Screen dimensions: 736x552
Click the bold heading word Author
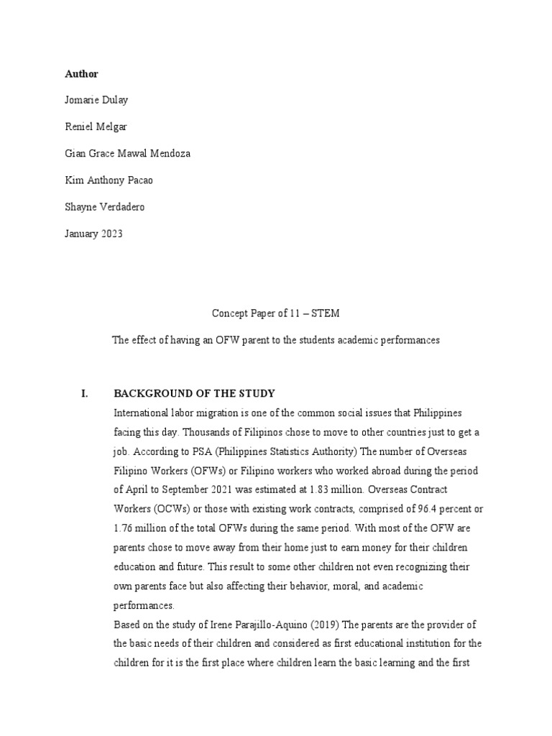[81, 74]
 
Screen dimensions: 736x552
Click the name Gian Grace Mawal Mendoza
[128, 155]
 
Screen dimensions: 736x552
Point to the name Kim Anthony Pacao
[108, 180]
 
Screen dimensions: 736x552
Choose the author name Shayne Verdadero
[103, 208]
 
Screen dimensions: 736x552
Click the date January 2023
[93, 234]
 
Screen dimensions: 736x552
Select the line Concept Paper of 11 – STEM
[275, 313]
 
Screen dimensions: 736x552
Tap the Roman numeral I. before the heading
[85, 394]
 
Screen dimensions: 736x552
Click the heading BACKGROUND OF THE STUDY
[194, 394]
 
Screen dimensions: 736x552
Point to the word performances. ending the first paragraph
[144, 605]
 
